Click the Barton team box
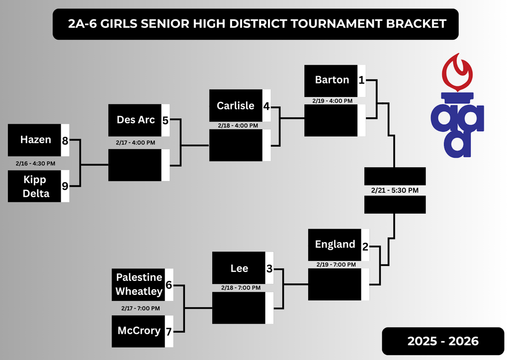coord(331,81)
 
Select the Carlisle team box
coord(236,106)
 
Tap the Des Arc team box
coord(135,120)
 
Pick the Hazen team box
coord(35,140)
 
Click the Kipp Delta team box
coord(35,186)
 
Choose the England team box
coord(335,245)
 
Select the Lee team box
coord(239,269)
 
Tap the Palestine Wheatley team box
coord(139,284)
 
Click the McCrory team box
coord(139,331)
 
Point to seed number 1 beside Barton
coord(362,80)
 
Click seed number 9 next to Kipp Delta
coord(65,186)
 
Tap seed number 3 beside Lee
coord(269,269)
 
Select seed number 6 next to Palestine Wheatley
coord(169,285)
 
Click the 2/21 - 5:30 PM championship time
coord(395,190)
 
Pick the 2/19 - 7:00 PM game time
coord(334,265)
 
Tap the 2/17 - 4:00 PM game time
coord(135,143)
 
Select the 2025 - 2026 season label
coord(443,341)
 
